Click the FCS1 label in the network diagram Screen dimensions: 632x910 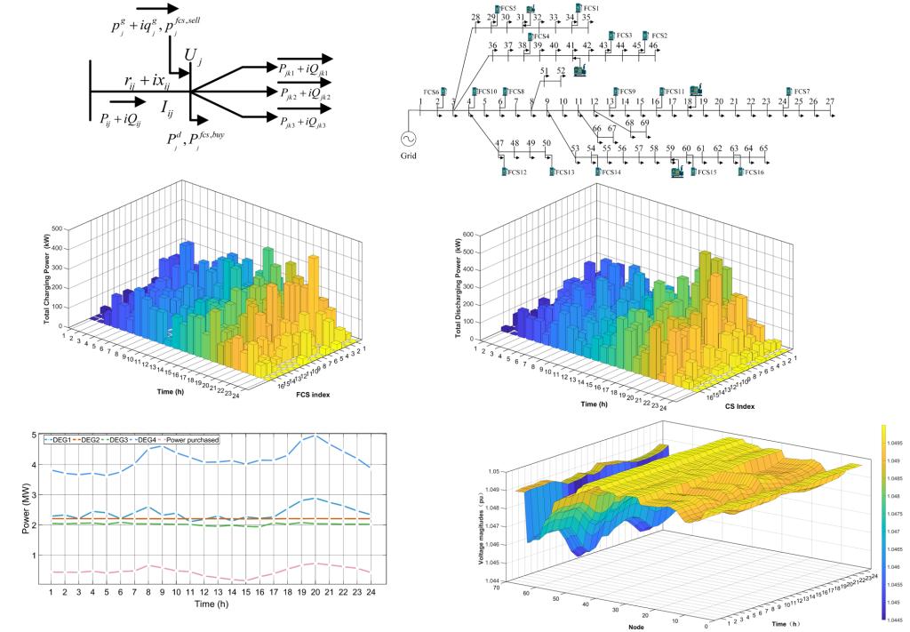pos(591,8)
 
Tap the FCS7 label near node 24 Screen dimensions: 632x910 pos(802,92)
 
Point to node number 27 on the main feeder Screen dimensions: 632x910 pos(830,102)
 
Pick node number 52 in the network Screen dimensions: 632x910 pos(561,70)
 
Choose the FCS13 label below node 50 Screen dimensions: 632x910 pos(563,172)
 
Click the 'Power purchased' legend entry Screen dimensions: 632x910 pos(194,439)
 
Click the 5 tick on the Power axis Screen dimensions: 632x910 pos(33,436)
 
